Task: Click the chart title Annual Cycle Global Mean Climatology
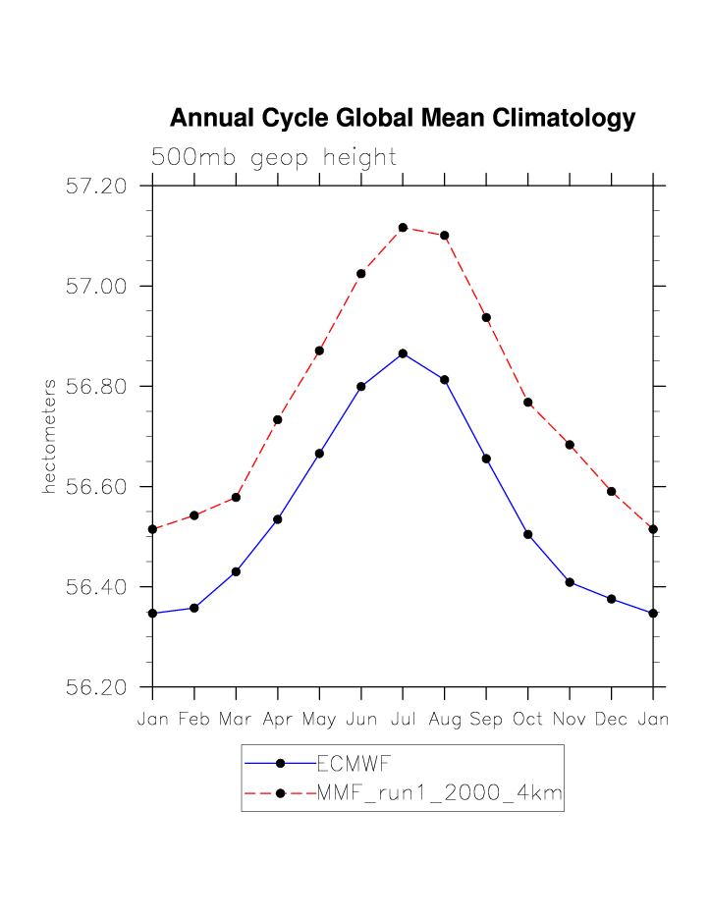pyautogui.click(x=403, y=119)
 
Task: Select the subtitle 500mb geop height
pyautogui.click(x=273, y=157)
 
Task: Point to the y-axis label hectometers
pyautogui.click(x=48, y=436)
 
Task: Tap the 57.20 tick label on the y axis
pyautogui.click(x=96, y=186)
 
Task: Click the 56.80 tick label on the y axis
pyautogui.click(x=96, y=386)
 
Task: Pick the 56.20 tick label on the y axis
pyautogui.click(x=96, y=686)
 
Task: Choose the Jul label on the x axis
pyautogui.click(x=403, y=720)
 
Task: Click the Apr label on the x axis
pyautogui.click(x=278, y=720)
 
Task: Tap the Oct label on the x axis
pyautogui.click(x=528, y=720)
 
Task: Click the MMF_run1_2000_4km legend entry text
pyautogui.click(x=439, y=793)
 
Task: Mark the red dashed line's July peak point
pyautogui.click(x=403, y=228)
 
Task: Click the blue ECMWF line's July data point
pyautogui.click(x=403, y=353)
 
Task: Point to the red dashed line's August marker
pyautogui.click(x=445, y=236)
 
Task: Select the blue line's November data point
pyautogui.click(x=570, y=582)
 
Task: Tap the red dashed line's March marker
pyautogui.click(x=236, y=498)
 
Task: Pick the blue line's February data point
pyautogui.click(x=194, y=608)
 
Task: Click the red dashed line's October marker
pyautogui.click(x=528, y=403)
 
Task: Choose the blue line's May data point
pyautogui.click(x=319, y=454)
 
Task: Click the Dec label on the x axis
pyautogui.click(x=612, y=720)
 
